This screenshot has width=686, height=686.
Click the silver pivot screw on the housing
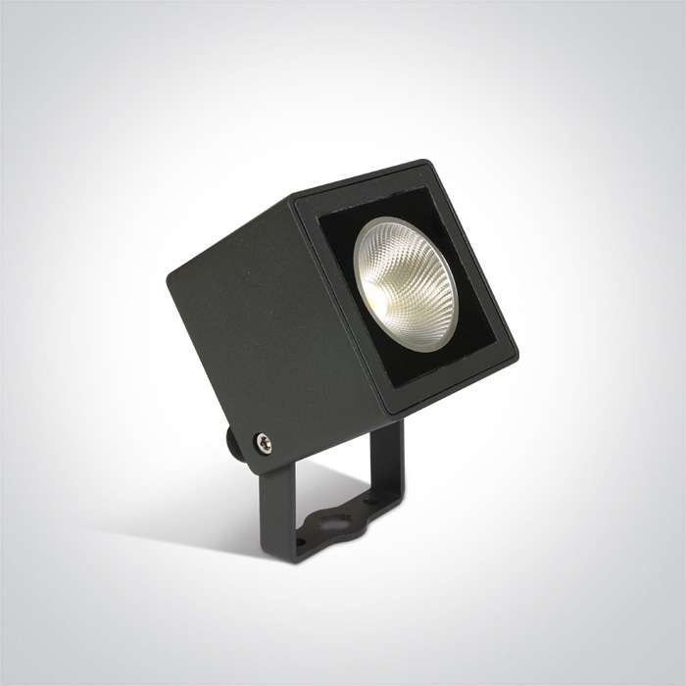pyautogui.click(x=262, y=444)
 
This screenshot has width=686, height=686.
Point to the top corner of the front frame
pyautogui.click(x=423, y=163)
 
